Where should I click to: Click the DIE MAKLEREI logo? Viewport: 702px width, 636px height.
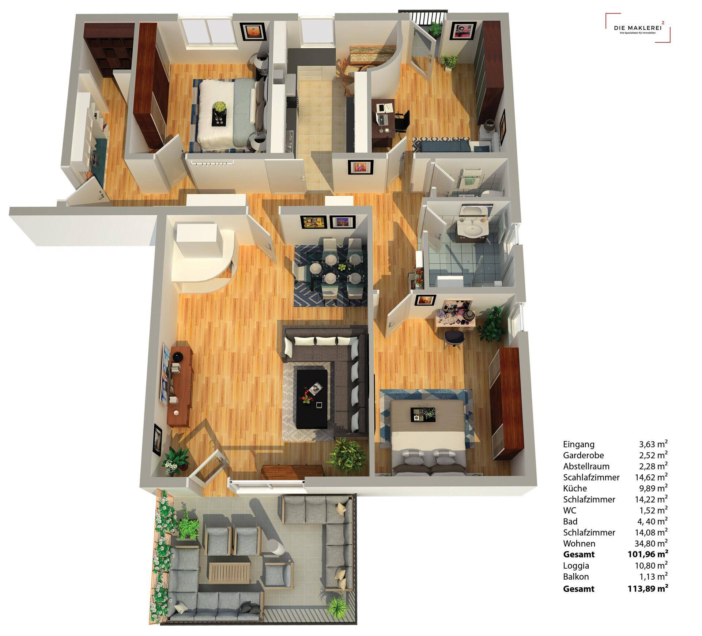click(x=638, y=28)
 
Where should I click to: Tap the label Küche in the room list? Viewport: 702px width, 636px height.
click(x=575, y=488)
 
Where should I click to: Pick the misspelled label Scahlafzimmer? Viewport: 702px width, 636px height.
click(x=591, y=477)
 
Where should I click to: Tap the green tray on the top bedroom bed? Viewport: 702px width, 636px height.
click(x=220, y=116)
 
